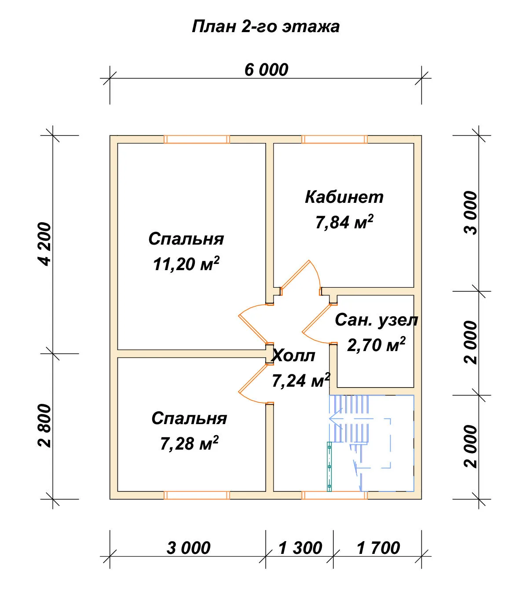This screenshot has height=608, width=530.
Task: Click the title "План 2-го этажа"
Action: [266, 27]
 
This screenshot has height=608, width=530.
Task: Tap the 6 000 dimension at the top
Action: [266, 70]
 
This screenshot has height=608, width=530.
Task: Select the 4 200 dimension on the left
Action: [45, 244]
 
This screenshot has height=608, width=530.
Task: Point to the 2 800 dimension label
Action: [45, 426]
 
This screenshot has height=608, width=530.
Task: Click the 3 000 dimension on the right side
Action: [471, 213]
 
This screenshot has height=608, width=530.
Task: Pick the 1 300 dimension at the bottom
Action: [300, 548]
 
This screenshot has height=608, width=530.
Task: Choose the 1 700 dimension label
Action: [378, 548]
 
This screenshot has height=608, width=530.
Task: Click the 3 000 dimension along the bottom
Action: [189, 548]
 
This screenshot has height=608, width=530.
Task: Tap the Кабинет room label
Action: [344, 197]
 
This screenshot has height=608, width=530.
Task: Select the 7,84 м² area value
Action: [344, 222]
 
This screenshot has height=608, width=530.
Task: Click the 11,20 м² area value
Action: [186, 264]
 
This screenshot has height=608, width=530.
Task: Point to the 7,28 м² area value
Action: [189, 443]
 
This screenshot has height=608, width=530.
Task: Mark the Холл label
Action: [294, 355]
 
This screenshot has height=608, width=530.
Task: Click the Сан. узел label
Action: [376, 320]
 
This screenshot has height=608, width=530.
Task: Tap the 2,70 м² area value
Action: [376, 344]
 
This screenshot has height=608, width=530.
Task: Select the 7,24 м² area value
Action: [301, 381]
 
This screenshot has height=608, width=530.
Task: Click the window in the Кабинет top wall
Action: [335, 139]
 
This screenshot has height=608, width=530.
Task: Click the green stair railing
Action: [329, 466]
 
